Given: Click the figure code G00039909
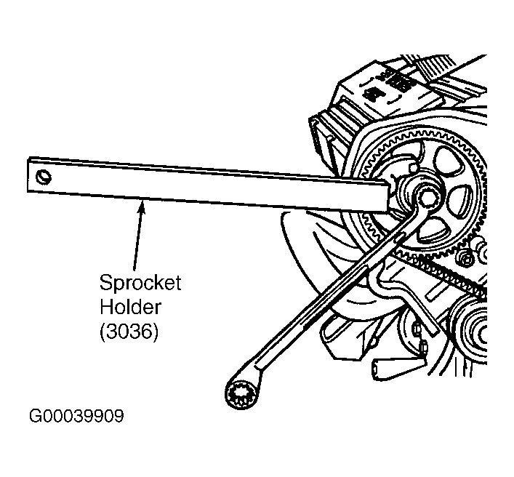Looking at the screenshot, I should point(76,417).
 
